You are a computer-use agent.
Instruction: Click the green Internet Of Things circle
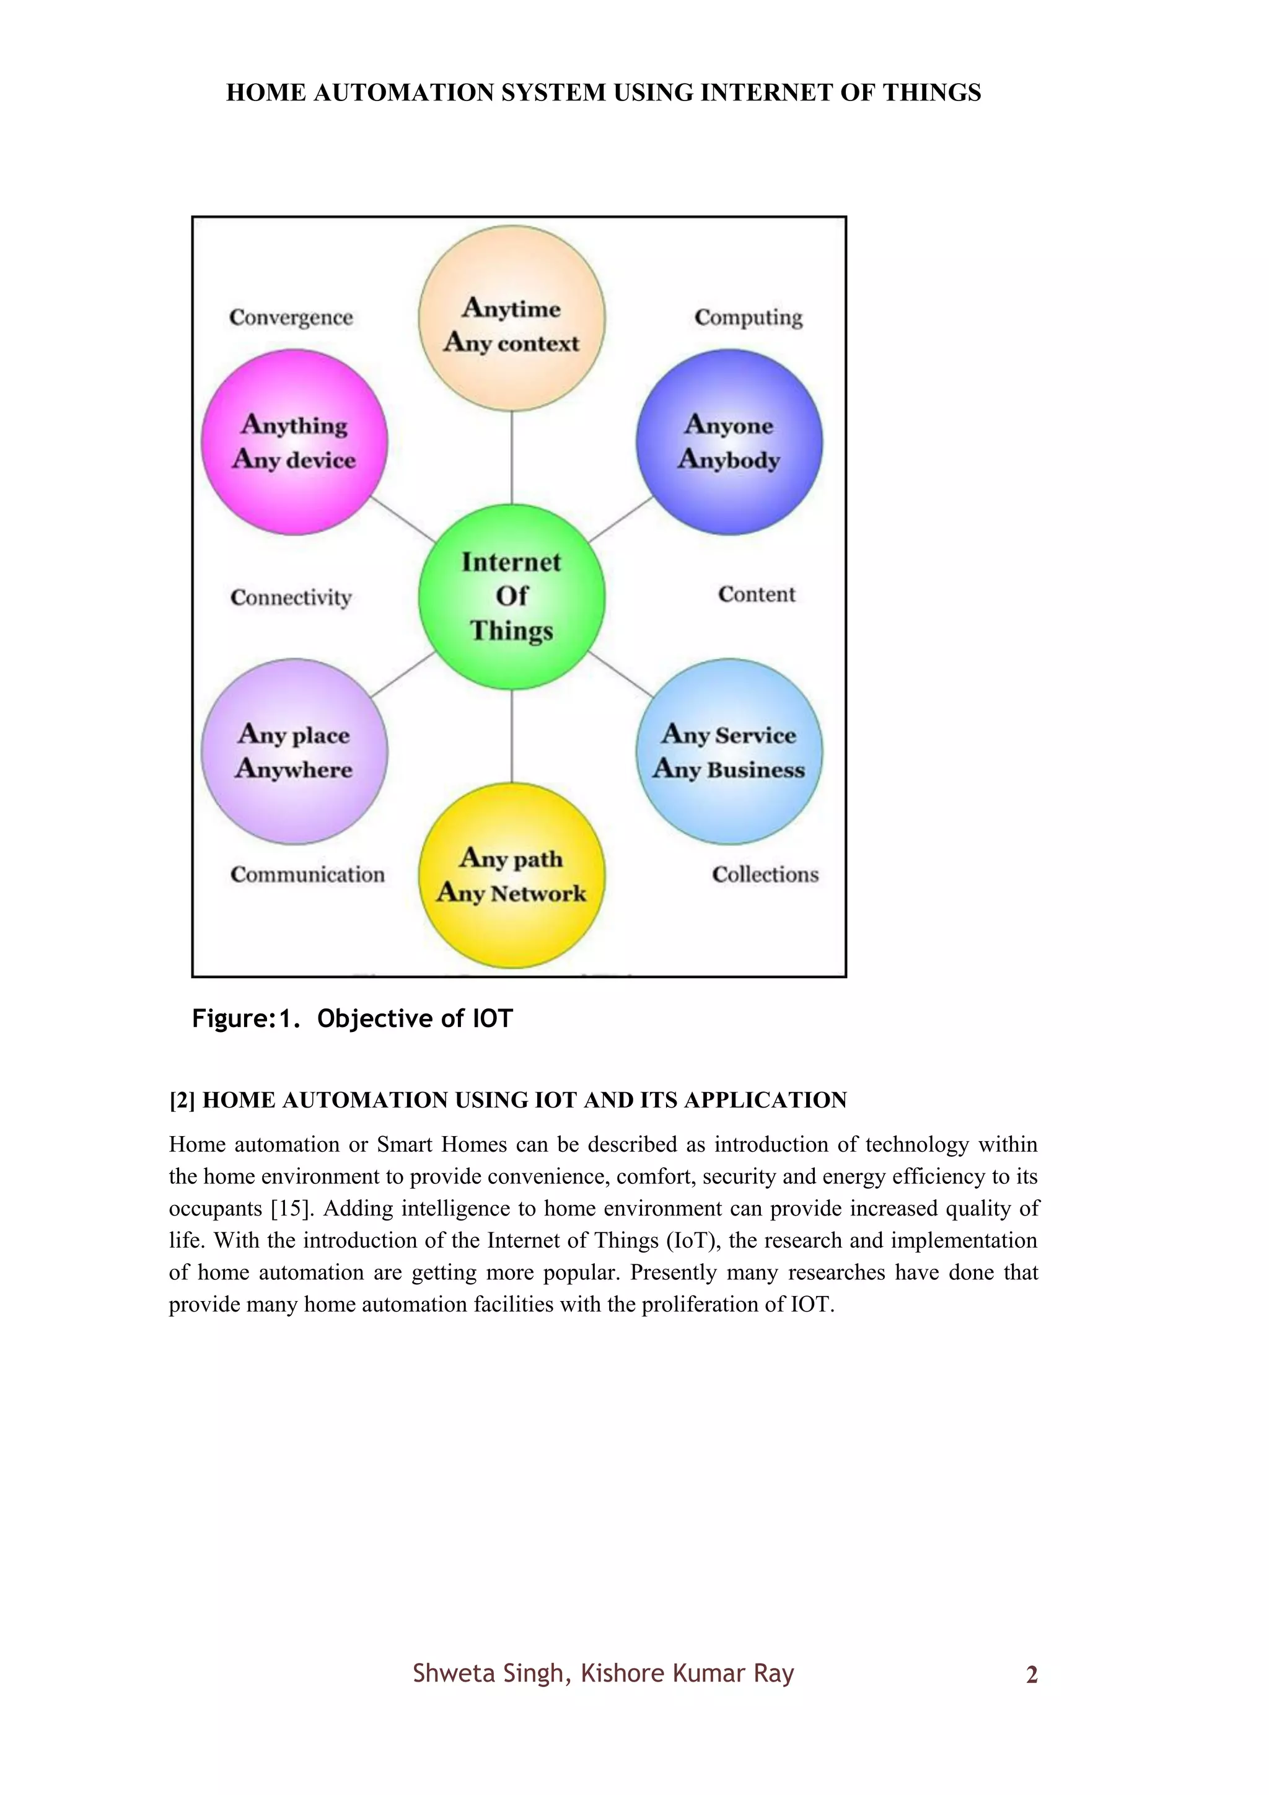tap(512, 596)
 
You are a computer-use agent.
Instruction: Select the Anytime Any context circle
tap(512, 318)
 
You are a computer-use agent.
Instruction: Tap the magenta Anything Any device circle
tap(294, 443)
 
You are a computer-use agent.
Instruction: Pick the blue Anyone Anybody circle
tap(729, 443)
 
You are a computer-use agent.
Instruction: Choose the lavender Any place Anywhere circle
tap(294, 751)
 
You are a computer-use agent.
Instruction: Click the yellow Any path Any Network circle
tap(512, 876)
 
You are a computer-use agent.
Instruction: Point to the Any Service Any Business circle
tap(729, 751)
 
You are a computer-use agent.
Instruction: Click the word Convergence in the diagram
tap(291, 317)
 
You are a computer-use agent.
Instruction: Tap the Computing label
tap(748, 317)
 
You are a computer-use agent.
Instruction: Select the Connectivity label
tap(291, 598)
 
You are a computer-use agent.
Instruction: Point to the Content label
tap(757, 595)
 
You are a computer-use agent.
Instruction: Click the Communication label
tap(307, 874)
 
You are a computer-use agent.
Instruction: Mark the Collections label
tap(765, 874)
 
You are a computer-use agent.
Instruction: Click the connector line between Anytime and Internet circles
tap(512, 457)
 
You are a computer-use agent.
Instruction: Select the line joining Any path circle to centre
tap(512, 736)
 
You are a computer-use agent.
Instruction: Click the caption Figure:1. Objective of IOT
tap(353, 1019)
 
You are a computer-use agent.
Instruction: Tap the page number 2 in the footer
tap(1032, 1675)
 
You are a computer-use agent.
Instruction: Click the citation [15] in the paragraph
tap(291, 1209)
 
